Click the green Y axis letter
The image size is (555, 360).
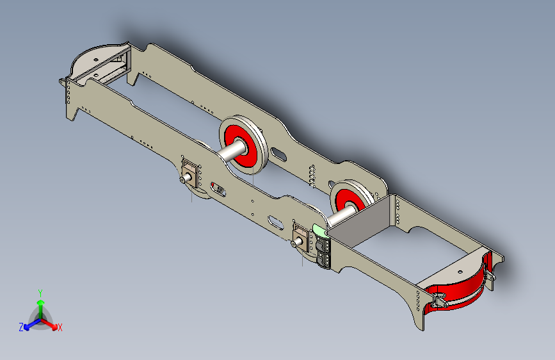pyautogui.click(x=40, y=293)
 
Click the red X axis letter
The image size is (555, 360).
pyautogui.click(x=60, y=328)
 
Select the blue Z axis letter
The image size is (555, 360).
pyautogui.click(x=21, y=327)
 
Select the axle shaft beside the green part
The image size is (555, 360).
pyautogui.click(x=342, y=215)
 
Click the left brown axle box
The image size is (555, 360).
pyautogui.click(x=189, y=173)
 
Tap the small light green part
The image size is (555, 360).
pyautogui.click(x=319, y=231)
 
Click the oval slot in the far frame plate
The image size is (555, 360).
pyautogui.click(x=279, y=154)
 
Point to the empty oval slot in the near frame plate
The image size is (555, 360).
pyautogui.click(x=276, y=222)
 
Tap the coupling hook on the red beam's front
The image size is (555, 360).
pyautogui.click(x=440, y=302)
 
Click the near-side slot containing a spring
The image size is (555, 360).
pyautogui.click(x=218, y=189)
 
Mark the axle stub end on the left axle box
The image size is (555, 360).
pyautogui.click(x=182, y=179)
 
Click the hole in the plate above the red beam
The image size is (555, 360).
pyautogui.click(x=460, y=272)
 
